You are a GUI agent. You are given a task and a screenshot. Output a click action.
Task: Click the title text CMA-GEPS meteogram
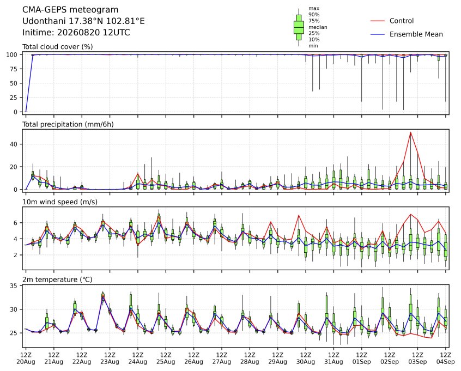tap(70, 10)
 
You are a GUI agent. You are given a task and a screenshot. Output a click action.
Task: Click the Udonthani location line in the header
tap(83, 21)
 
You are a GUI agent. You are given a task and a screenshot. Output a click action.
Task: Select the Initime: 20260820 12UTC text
tap(76, 32)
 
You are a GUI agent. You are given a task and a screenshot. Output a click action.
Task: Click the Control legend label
tap(401, 21)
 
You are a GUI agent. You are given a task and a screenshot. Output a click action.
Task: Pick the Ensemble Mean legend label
tap(416, 34)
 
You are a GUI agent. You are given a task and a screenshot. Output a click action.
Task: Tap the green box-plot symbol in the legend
tap(299, 27)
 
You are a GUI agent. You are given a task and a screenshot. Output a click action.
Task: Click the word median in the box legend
tap(318, 27)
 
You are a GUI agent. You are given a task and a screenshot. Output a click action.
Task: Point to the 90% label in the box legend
tap(314, 14)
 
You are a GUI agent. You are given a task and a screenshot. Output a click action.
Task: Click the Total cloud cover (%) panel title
tap(58, 47)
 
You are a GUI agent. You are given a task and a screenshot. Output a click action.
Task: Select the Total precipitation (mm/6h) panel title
tap(68, 124)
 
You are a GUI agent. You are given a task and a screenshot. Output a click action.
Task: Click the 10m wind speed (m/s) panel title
tap(60, 202)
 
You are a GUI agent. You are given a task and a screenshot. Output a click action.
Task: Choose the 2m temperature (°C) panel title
tap(57, 279)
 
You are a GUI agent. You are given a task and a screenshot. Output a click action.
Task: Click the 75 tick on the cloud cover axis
tap(14, 69)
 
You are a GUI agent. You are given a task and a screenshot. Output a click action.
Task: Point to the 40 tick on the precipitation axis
tap(14, 144)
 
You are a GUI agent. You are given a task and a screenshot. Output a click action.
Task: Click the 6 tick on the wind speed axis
tap(16, 223)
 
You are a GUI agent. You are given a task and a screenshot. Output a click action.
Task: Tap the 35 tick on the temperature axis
tap(14, 286)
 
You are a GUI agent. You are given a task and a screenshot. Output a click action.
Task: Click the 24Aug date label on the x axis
tap(138, 362)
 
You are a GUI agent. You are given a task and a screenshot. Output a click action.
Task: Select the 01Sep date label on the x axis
tap(362, 362)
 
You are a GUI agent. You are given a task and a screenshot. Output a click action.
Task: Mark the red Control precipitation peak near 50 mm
tap(411, 132)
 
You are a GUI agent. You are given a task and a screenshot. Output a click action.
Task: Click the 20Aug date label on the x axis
tap(26, 362)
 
